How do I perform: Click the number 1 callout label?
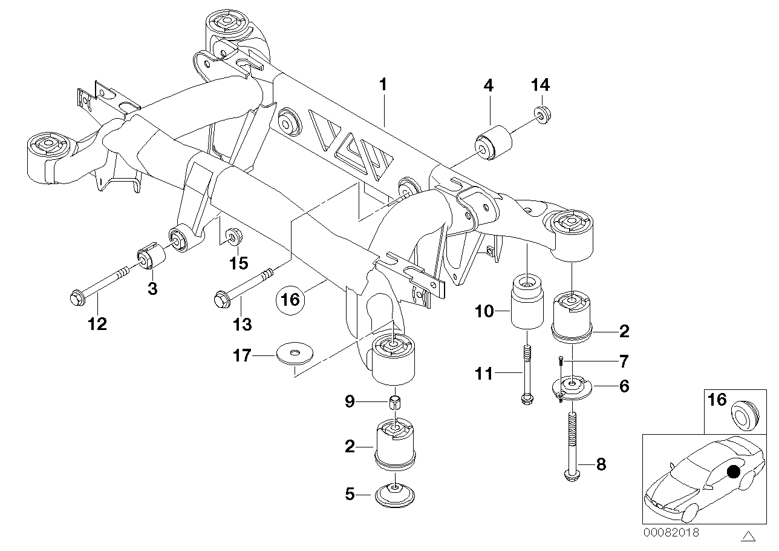(382, 85)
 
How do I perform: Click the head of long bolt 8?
(570, 477)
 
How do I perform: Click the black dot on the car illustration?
(734, 471)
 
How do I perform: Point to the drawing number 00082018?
(671, 533)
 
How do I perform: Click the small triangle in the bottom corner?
(749, 536)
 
